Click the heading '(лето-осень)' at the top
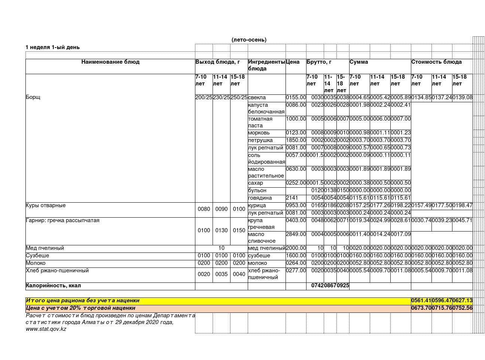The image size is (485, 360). (249, 40)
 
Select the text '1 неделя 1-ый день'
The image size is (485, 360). (52, 47)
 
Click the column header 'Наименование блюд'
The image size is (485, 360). (110, 62)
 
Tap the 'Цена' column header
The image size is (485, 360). (293, 62)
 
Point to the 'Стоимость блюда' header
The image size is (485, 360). (436, 62)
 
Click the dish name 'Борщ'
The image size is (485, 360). (33, 97)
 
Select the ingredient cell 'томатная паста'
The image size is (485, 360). (260, 122)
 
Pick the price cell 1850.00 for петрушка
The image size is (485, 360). (296, 140)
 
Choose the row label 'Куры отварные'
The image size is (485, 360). (46, 205)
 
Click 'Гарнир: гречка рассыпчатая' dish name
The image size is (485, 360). (62, 220)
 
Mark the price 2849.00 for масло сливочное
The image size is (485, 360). (296, 234)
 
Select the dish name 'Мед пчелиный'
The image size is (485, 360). (45, 248)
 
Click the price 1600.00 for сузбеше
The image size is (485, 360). (296, 255)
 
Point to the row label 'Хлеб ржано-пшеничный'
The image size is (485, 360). (57, 270)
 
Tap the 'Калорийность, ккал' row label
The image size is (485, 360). (53, 285)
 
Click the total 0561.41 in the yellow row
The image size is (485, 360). (421, 300)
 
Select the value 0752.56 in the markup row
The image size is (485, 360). (462, 308)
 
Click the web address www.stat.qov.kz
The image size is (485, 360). (46, 329)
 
